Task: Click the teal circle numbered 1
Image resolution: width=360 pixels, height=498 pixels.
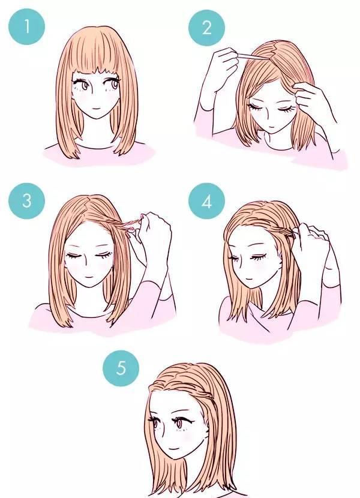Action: tap(26, 26)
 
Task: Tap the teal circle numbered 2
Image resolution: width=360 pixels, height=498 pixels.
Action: tap(206, 28)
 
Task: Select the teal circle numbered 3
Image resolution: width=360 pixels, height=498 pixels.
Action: tap(26, 201)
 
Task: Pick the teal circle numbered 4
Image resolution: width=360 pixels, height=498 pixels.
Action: tap(206, 201)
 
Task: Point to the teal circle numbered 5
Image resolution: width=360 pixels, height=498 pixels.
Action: tap(121, 368)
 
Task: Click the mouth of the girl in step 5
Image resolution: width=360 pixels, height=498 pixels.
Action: tap(173, 449)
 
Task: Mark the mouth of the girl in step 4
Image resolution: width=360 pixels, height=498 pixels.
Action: tap(249, 280)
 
